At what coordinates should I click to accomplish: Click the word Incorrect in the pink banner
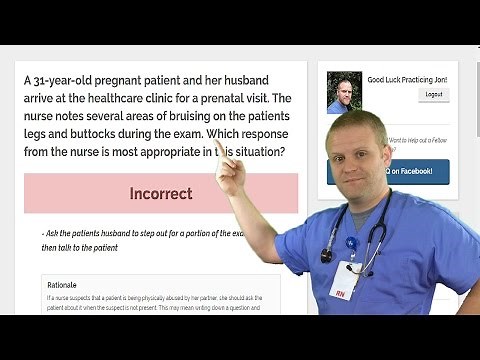[161, 193]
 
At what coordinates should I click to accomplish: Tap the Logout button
[433, 94]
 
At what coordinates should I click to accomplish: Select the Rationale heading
[62, 284]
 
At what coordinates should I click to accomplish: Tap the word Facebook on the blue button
[412, 172]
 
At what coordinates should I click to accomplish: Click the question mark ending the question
[283, 152]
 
